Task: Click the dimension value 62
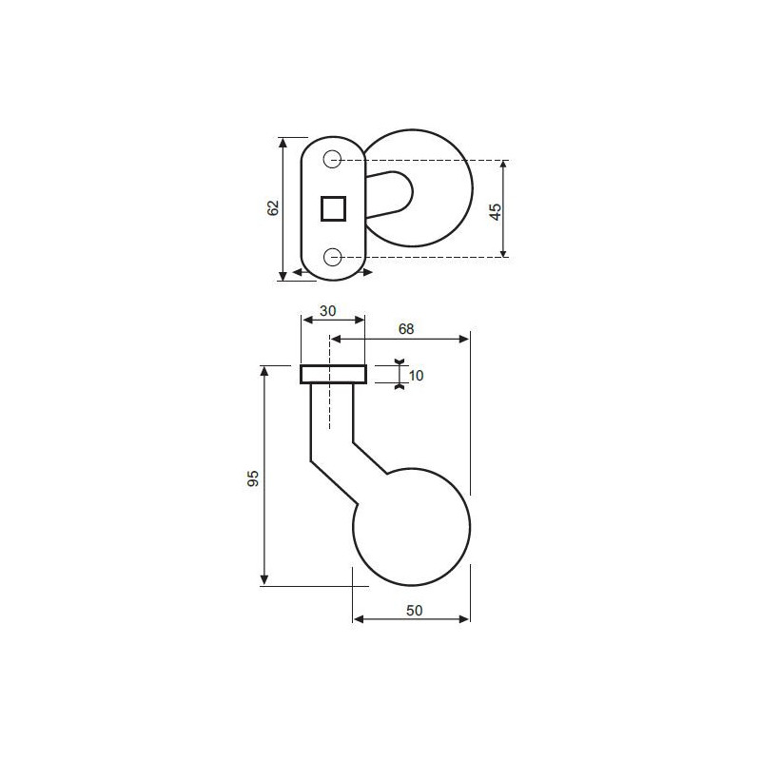tap(274, 207)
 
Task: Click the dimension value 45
tap(496, 211)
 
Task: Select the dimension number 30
tap(328, 311)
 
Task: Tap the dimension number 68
tap(406, 329)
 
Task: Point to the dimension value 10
tap(417, 376)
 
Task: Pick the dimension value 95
tap(253, 478)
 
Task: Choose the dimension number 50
tap(415, 611)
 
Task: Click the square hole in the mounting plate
tap(334, 208)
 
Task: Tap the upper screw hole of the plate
tap(332, 159)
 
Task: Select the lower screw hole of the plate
tap(332, 257)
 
